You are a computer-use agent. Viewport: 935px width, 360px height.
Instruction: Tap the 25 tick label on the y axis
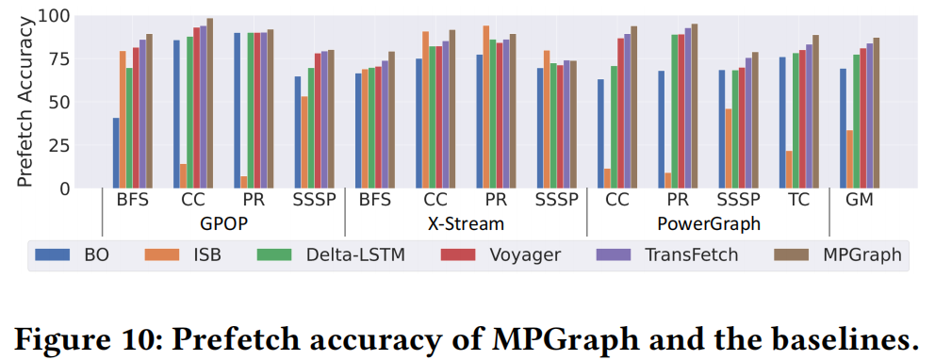(74, 145)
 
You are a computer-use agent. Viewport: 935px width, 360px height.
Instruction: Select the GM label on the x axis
(860, 201)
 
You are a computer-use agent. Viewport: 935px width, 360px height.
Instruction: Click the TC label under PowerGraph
(798, 201)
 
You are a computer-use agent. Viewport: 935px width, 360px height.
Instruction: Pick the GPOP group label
(224, 224)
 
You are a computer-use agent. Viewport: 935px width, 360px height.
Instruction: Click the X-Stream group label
(467, 224)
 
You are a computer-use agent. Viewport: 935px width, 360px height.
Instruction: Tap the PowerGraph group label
(708, 224)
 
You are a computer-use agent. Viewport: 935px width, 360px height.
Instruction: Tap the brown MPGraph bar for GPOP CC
(209, 104)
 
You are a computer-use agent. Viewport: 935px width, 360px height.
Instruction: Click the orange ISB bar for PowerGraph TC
(788, 170)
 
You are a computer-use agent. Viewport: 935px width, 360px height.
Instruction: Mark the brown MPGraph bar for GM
(877, 113)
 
